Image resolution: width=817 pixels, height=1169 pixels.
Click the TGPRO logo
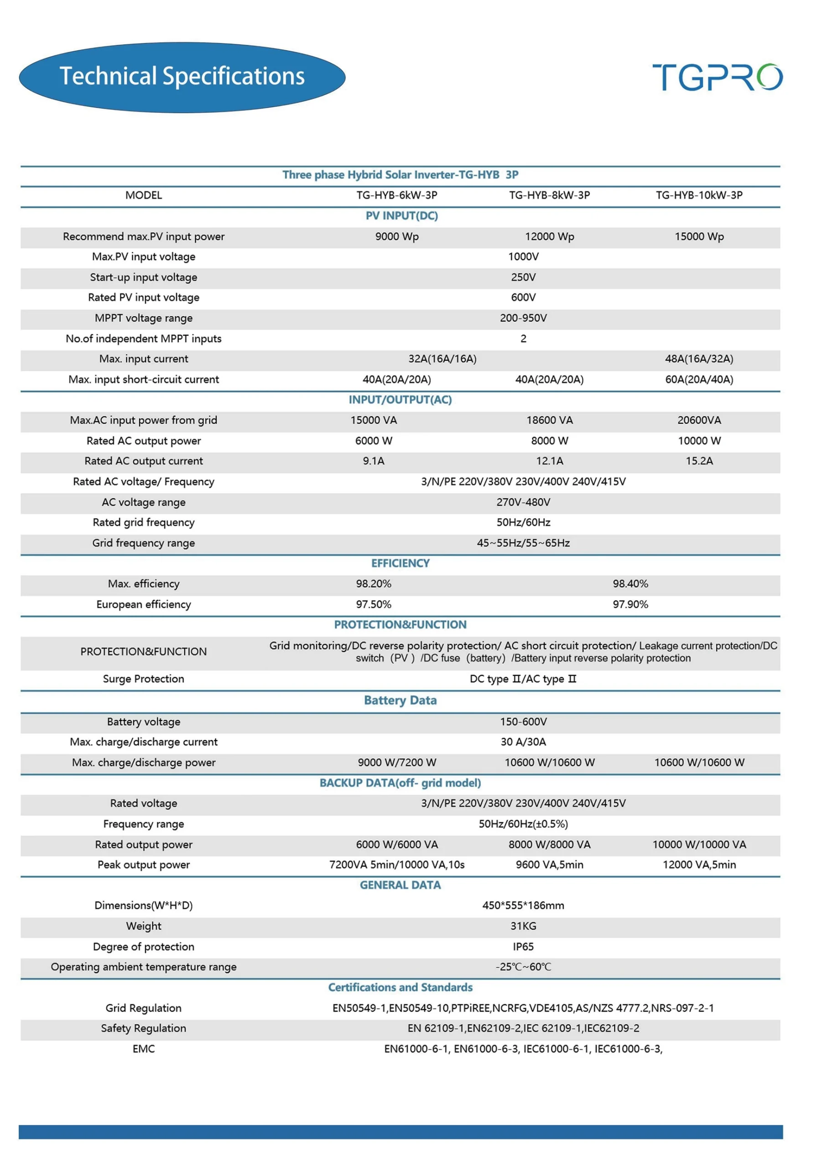tap(717, 77)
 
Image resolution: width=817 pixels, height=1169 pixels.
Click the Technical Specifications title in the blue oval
tap(182, 76)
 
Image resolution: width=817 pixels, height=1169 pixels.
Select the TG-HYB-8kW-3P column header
tap(549, 195)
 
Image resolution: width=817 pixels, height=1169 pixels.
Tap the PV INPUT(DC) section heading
tap(401, 216)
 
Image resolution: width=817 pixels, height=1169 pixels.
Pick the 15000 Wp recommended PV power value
tap(698, 236)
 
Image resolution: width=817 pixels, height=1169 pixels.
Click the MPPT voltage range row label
tap(143, 318)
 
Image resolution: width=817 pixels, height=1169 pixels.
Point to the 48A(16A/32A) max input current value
tap(698, 359)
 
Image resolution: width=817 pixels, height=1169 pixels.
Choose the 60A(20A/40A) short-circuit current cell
tap(698, 379)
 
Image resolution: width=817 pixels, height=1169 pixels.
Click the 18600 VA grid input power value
tap(549, 420)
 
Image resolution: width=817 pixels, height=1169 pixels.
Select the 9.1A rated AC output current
tap(374, 461)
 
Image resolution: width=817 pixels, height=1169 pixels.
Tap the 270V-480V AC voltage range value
tap(523, 502)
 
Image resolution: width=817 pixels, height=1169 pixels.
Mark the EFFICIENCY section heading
tap(401, 563)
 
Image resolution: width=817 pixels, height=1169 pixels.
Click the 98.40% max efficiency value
tap(630, 584)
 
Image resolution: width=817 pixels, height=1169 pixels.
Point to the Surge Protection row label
tap(143, 679)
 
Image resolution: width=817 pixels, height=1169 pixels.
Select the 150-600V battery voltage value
tap(523, 721)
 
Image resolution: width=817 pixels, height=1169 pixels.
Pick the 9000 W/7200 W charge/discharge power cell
tap(397, 762)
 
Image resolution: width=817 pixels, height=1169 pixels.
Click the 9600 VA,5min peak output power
tap(549, 864)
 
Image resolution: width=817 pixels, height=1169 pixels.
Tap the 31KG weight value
tap(523, 926)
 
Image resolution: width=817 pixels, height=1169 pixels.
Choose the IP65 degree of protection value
tap(523, 947)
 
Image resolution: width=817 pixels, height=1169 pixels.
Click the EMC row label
tap(143, 1049)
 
